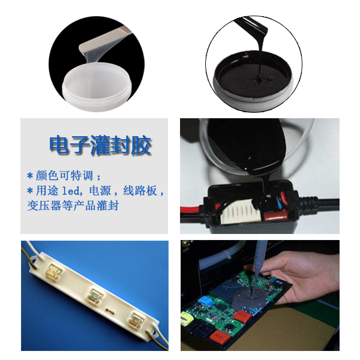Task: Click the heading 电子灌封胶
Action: click(x=100, y=146)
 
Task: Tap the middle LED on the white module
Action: click(x=95, y=294)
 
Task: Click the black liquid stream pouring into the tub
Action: click(x=259, y=57)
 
